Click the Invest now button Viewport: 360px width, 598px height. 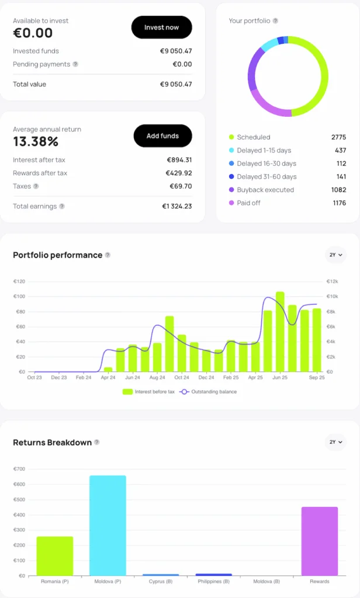(161, 27)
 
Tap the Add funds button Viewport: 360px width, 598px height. (162, 136)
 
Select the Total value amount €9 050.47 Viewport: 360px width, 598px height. (176, 84)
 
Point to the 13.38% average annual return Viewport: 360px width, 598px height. (36, 141)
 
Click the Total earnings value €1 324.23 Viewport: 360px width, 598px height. (176, 206)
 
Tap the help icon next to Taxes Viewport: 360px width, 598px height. (36, 186)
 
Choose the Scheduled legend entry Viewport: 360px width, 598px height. (253, 137)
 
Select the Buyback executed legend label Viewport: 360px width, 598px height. (265, 190)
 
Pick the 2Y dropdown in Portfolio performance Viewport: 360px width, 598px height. (335, 255)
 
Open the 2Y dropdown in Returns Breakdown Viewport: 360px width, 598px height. (335, 442)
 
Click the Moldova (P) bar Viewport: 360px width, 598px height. (108, 526)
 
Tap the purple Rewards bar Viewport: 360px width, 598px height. (320, 541)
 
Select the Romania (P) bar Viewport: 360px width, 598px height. (55, 556)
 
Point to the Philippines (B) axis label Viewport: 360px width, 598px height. (213, 582)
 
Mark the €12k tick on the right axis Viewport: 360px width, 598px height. (332, 281)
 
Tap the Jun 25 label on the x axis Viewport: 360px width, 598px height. (280, 378)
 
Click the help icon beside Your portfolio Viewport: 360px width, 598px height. (275, 21)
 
